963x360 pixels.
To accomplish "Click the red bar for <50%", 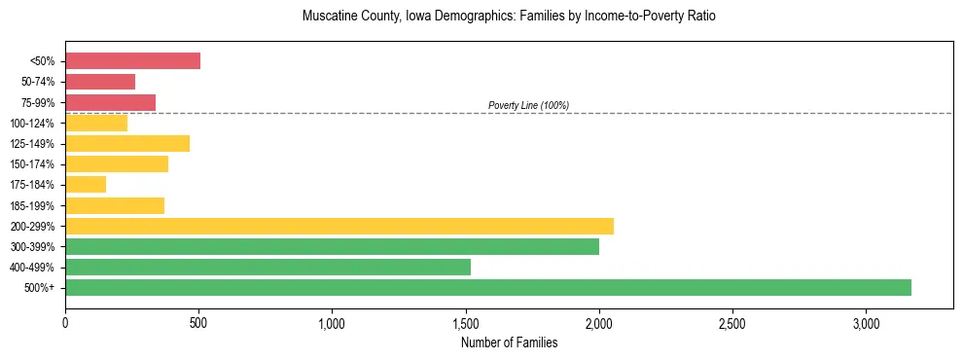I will [x=132, y=61].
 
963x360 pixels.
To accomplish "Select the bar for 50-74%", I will [x=100, y=82].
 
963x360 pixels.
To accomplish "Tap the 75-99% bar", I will [x=110, y=102].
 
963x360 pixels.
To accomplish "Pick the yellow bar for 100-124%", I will [x=96, y=123].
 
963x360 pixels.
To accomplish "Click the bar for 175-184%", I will [x=86, y=185].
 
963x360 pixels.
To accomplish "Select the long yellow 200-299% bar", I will [x=339, y=226].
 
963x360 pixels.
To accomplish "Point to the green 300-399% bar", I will [x=332, y=246].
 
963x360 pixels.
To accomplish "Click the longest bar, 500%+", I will [x=488, y=287].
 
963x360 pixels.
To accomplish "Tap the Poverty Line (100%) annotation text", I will [x=528, y=105].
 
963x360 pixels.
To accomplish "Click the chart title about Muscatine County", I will [x=509, y=18].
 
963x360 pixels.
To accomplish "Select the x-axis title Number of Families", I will [x=509, y=342].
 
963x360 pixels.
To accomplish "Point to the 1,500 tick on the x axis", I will [x=466, y=322].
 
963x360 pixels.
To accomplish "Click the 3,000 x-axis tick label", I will [x=866, y=322].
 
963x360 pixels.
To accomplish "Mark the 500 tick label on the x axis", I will [x=198, y=322].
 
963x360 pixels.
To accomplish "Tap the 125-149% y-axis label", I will [x=32, y=144].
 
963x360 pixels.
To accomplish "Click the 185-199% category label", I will [x=32, y=206].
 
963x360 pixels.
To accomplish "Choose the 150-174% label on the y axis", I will [x=32, y=164].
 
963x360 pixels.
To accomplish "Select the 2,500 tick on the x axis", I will [x=732, y=322].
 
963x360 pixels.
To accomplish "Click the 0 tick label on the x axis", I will [x=65, y=322].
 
